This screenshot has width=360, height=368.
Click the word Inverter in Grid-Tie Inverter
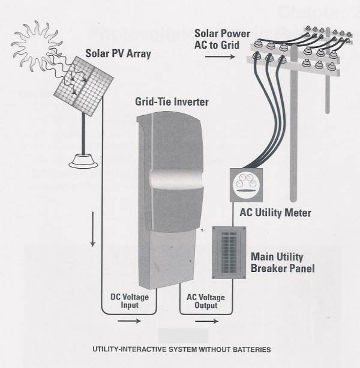tap(189, 102)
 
